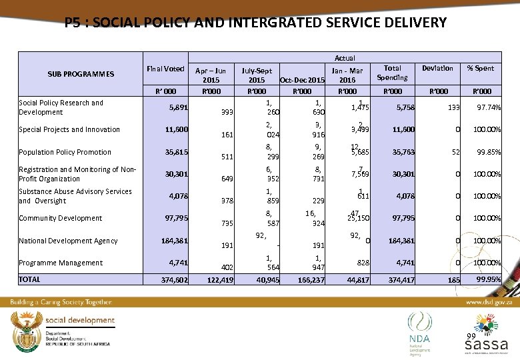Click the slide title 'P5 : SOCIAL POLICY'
256,23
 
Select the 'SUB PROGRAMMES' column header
81,74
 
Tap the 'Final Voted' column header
165,69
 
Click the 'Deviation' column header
437,68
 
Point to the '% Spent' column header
480,68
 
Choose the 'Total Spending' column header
393,73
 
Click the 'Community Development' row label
61,218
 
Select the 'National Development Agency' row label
68,241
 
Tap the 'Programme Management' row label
61,263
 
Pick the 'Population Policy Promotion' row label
65,152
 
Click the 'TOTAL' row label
30,279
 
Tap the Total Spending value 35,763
403,152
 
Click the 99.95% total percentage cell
489,280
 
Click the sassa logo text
486,345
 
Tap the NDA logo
420,331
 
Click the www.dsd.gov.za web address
489,302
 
